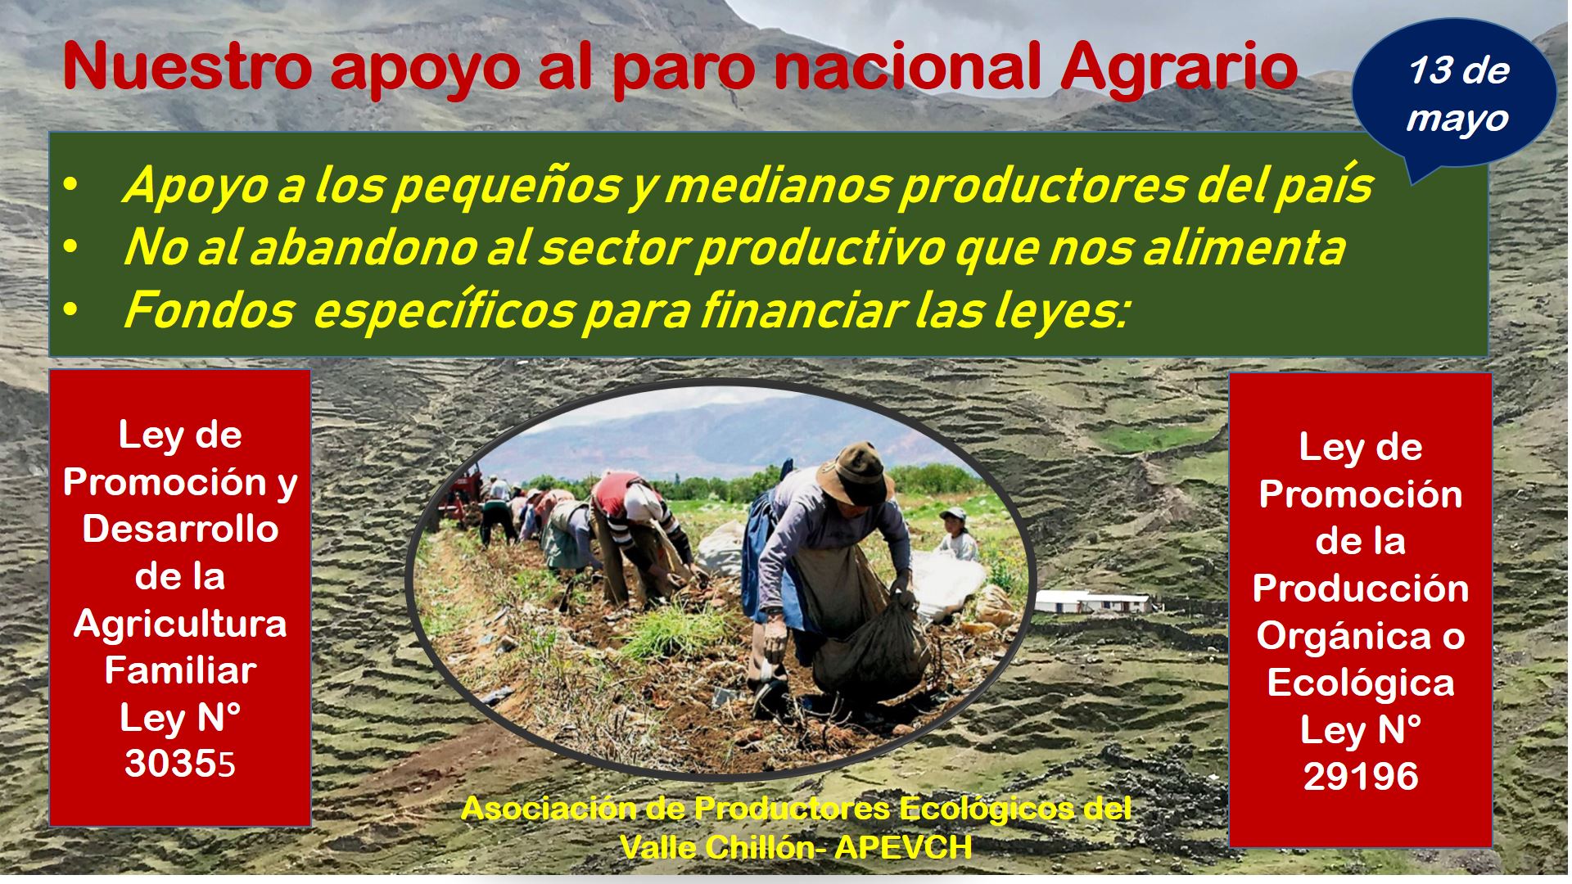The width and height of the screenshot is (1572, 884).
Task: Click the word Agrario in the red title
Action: (x=1178, y=67)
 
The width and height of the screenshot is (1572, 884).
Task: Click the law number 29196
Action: (x=1361, y=776)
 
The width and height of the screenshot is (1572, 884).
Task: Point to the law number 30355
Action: (x=180, y=764)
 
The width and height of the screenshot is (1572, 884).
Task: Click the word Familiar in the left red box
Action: (x=181, y=670)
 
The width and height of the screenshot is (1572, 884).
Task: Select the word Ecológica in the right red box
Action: (x=1361, y=683)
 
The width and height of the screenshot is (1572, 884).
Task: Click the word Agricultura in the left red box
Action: (x=181, y=624)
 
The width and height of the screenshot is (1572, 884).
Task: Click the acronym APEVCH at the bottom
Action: (x=903, y=847)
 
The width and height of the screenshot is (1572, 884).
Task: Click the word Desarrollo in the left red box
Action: (x=181, y=529)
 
